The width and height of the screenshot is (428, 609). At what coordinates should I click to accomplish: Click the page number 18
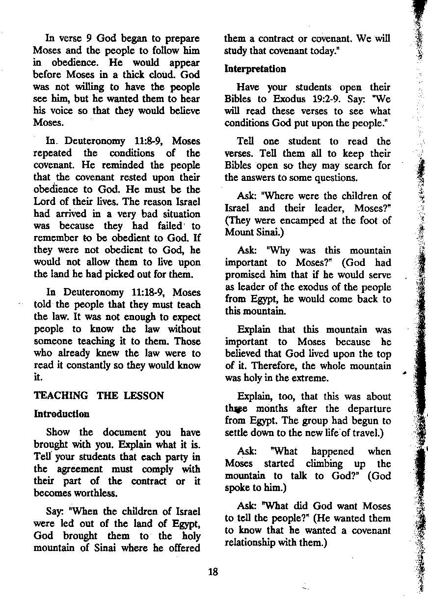pyautogui.click(x=213, y=572)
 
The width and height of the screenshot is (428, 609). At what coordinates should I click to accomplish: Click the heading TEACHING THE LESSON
pyautogui.click(x=99, y=396)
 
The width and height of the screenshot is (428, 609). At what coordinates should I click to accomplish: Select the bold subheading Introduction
pyautogui.click(x=61, y=414)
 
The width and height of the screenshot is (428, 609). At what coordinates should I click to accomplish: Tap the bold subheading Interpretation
pyautogui.click(x=255, y=69)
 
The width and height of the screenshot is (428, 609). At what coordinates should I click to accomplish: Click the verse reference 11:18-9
pyautogui.click(x=152, y=292)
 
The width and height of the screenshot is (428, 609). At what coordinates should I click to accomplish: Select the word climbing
pyautogui.click(x=324, y=464)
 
